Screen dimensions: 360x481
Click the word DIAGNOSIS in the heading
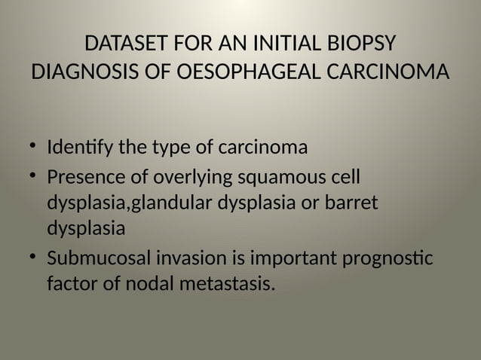point(82,75)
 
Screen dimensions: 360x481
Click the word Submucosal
point(100,259)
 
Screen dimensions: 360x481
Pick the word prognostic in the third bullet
point(388,259)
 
